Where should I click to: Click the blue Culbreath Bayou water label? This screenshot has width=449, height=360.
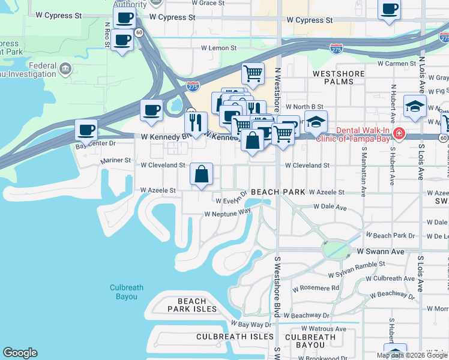[127, 292]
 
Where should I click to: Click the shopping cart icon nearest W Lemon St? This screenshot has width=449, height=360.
[253, 74]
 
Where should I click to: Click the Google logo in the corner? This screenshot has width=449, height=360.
[20, 353]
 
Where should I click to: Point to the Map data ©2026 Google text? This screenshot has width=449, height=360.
[412, 355]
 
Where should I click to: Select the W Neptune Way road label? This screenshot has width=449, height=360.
[228, 213]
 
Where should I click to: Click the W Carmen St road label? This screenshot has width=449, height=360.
[397, 63]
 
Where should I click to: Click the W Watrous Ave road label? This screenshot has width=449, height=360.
[324, 329]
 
